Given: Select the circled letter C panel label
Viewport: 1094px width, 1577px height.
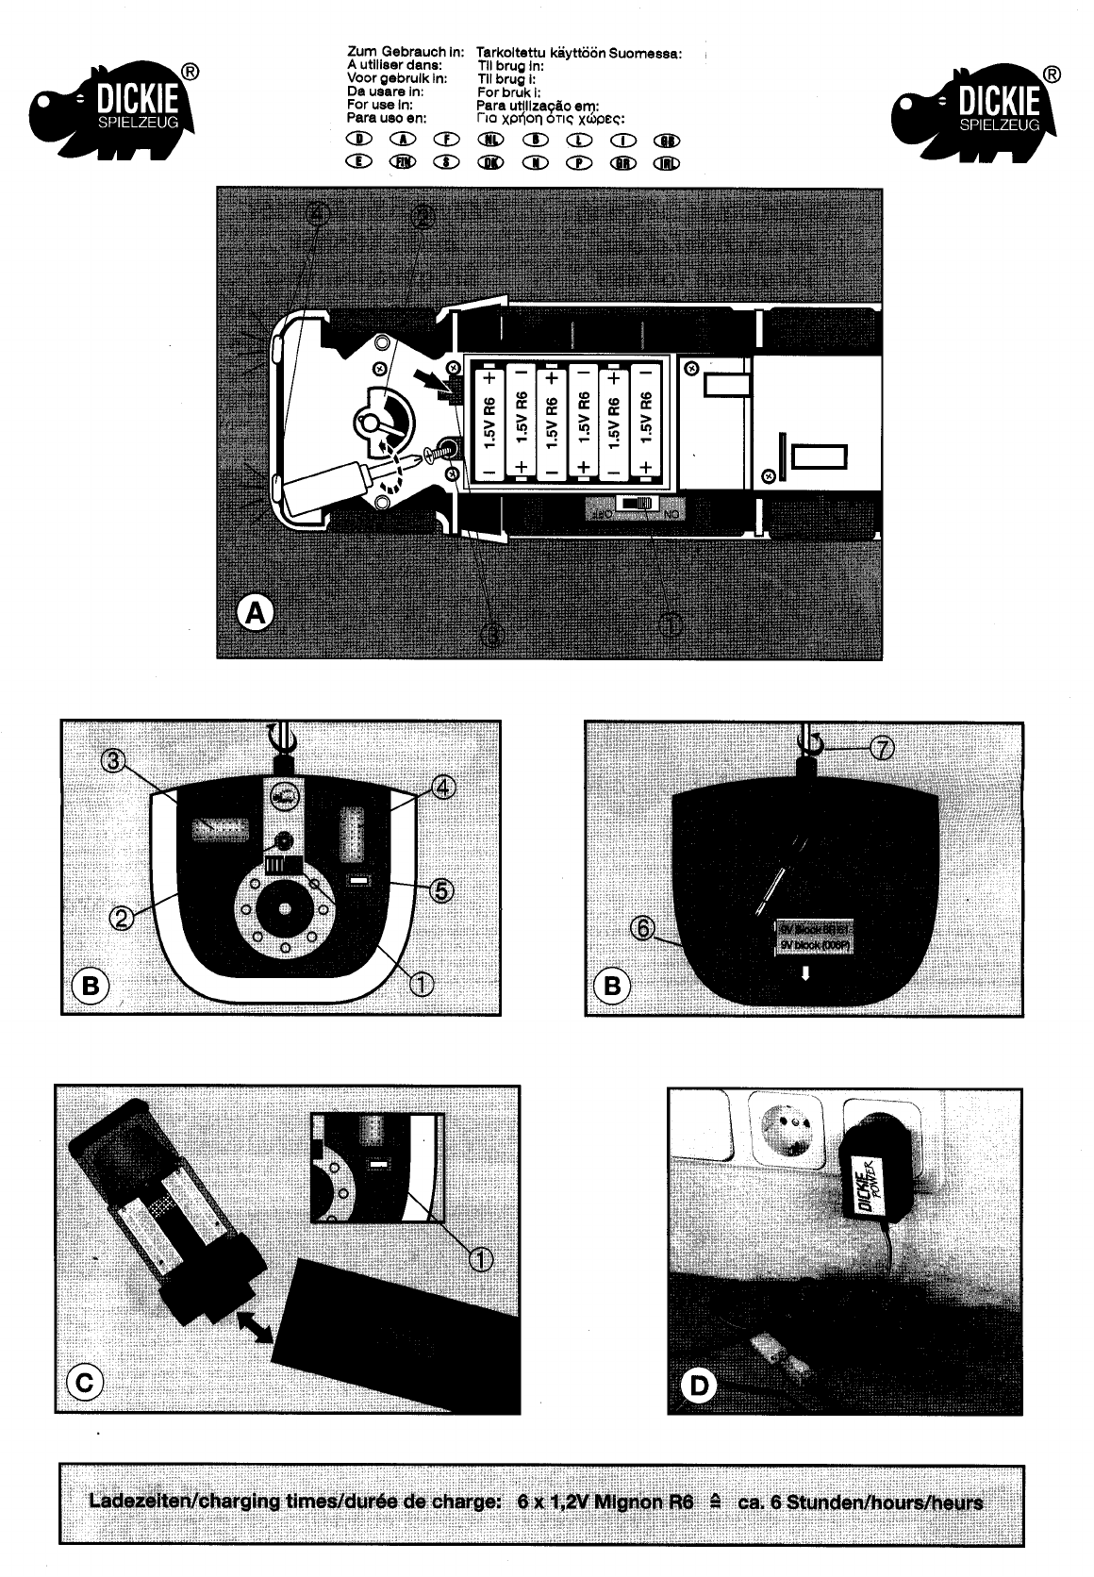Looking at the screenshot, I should pyautogui.click(x=84, y=1383).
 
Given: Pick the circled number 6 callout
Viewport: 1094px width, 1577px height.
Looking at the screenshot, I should pyautogui.click(x=640, y=928).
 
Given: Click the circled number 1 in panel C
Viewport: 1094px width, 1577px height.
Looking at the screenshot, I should pyautogui.click(x=480, y=1257).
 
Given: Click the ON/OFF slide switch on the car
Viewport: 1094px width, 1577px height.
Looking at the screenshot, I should pyautogui.click(x=635, y=506).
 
